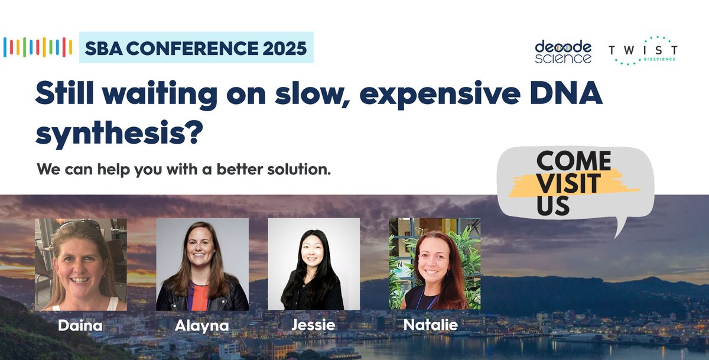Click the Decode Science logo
(562, 51)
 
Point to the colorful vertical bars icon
(38, 47)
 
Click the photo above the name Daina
(81, 264)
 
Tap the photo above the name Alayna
(202, 264)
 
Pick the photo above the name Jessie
(314, 264)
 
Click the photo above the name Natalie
(434, 264)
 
